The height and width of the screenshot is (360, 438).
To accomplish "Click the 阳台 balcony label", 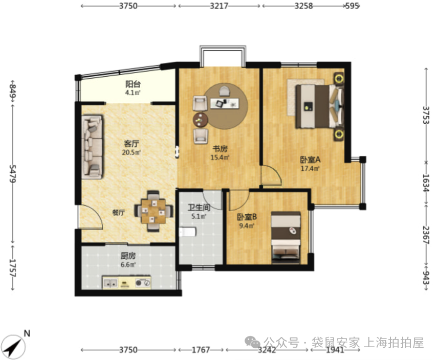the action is coord(133,84).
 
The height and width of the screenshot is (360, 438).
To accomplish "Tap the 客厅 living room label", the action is coord(132,144).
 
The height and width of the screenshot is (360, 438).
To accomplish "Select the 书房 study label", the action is coord(220,149).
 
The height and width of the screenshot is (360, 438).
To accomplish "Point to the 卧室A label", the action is coord(310,160).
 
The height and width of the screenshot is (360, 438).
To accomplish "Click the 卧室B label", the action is coord(247,217).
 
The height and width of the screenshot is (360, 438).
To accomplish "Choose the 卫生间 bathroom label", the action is coord(199,208).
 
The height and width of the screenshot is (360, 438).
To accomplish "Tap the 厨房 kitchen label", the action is coord(128,256).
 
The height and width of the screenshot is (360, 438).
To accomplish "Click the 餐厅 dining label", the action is coord(118,213).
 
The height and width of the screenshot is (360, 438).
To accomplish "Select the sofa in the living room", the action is coord(93,147).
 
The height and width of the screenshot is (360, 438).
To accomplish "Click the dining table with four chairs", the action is coord(154,211).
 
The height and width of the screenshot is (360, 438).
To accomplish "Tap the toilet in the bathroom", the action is coord(187,232).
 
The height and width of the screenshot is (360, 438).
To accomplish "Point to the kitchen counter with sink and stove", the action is coord(126,282).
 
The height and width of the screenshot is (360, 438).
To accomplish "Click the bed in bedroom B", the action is coord(286,238).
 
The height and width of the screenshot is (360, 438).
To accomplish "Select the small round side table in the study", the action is coord(200,120).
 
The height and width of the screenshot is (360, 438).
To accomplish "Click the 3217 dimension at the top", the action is coord(219,6).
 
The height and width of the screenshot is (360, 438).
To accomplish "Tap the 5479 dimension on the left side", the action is coord(13,173).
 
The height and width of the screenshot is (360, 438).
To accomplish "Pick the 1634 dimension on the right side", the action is coord(426,183).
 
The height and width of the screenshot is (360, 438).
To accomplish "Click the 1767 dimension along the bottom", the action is coord(201,350).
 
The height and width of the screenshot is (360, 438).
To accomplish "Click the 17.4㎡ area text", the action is coord(310,169).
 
